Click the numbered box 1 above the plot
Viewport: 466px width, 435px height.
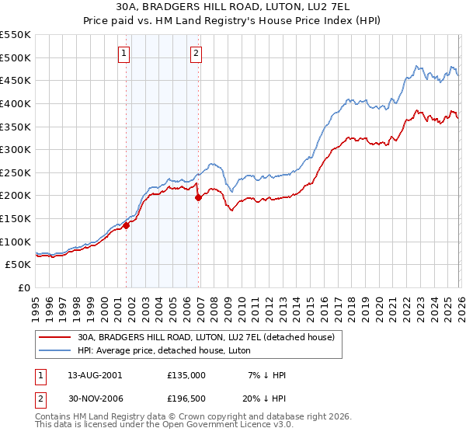pos(125,53)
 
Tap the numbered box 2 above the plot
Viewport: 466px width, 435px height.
pos(196,53)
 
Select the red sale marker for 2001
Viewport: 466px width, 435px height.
pos(126,226)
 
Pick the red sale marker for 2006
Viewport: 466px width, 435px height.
pos(199,197)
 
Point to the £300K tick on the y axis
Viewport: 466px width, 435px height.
pos(16,149)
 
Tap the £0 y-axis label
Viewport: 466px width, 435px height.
pos(24,287)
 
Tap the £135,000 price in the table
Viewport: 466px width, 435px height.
pos(186,374)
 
